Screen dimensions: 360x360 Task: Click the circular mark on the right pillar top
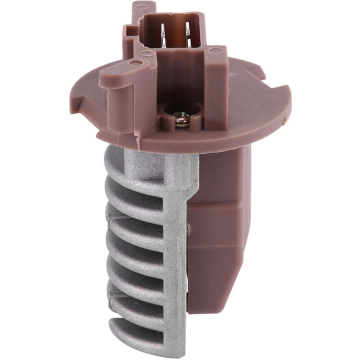213,50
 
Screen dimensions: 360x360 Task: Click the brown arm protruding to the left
115,80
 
